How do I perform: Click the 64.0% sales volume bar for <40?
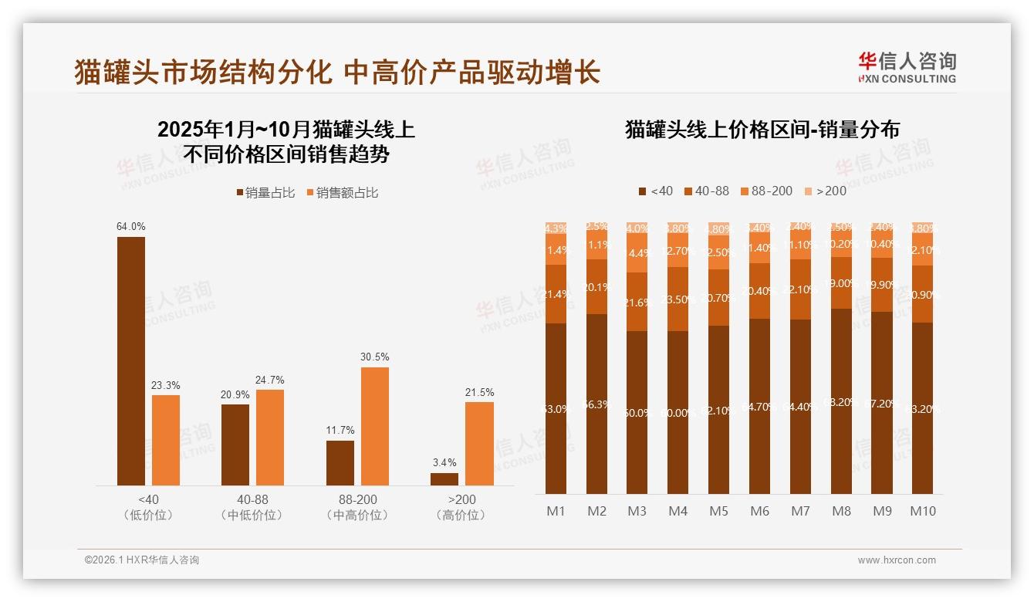click(x=131, y=361)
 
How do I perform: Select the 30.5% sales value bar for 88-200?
click(x=375, y=426)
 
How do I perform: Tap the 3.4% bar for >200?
click(x=444, y=479)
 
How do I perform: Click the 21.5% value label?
click(x=479, y=392)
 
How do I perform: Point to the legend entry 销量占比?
click(x=266, y=193)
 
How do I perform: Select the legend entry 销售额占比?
click(x=343, y=193)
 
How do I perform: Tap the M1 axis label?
click(x=556, y=511)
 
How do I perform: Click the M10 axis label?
click(x=923, y=511)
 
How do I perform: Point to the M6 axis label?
click(x=759, y=511)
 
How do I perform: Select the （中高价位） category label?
click(x=357, y=515)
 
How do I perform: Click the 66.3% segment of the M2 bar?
click(x=596, y=404)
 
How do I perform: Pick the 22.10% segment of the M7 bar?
click(x=800, y=289)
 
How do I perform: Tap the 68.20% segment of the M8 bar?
click(x=841, y=401)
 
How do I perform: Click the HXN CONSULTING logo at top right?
click(x=907, y=67)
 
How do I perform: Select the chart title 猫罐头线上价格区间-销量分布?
click(x=762, y=130)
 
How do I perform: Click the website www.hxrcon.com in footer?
click(x=897, y=560)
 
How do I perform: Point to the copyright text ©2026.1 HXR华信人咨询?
click(x=142, y=560)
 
